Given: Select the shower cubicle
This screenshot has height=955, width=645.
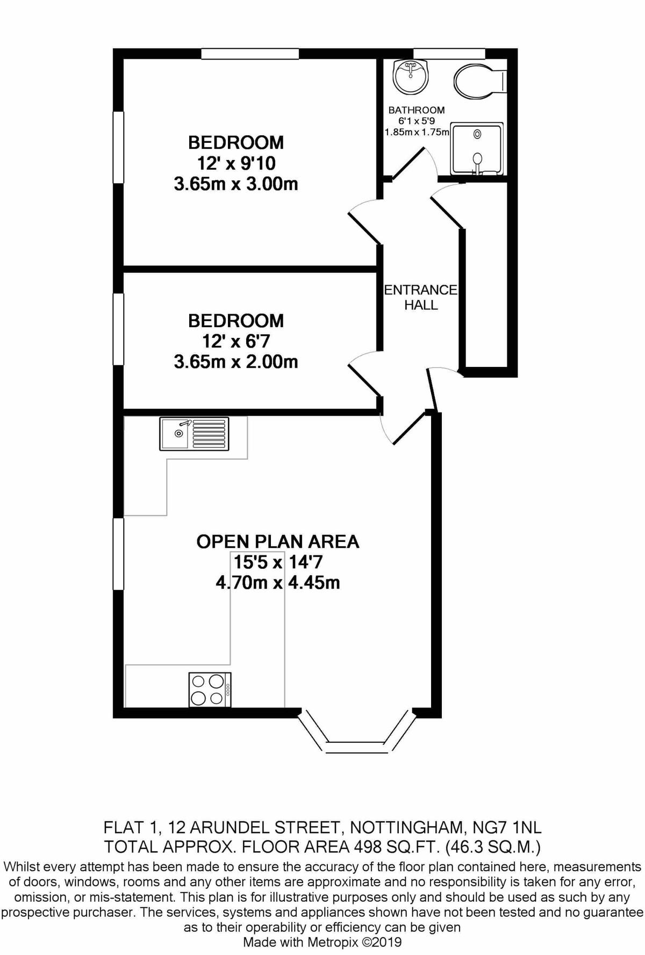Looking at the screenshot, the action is (476, 149).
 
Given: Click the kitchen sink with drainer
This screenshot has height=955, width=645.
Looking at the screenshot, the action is (194, 433).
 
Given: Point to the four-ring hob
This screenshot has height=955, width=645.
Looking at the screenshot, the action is (210, 690).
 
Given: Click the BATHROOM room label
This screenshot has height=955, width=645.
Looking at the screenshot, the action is (417, 110).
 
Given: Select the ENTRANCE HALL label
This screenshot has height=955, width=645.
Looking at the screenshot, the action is (420, 297).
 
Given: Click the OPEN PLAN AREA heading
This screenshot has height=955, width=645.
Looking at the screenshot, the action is (278, 541).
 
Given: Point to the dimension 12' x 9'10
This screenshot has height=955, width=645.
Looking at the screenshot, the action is (236, 163).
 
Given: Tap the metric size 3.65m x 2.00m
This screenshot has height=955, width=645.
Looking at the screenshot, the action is (236, 361).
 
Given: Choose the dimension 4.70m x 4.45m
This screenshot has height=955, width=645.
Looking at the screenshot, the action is (278, 582).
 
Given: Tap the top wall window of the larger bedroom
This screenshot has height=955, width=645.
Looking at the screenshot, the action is (250, 53).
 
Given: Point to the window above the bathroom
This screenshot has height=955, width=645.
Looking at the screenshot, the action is (449, 53).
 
